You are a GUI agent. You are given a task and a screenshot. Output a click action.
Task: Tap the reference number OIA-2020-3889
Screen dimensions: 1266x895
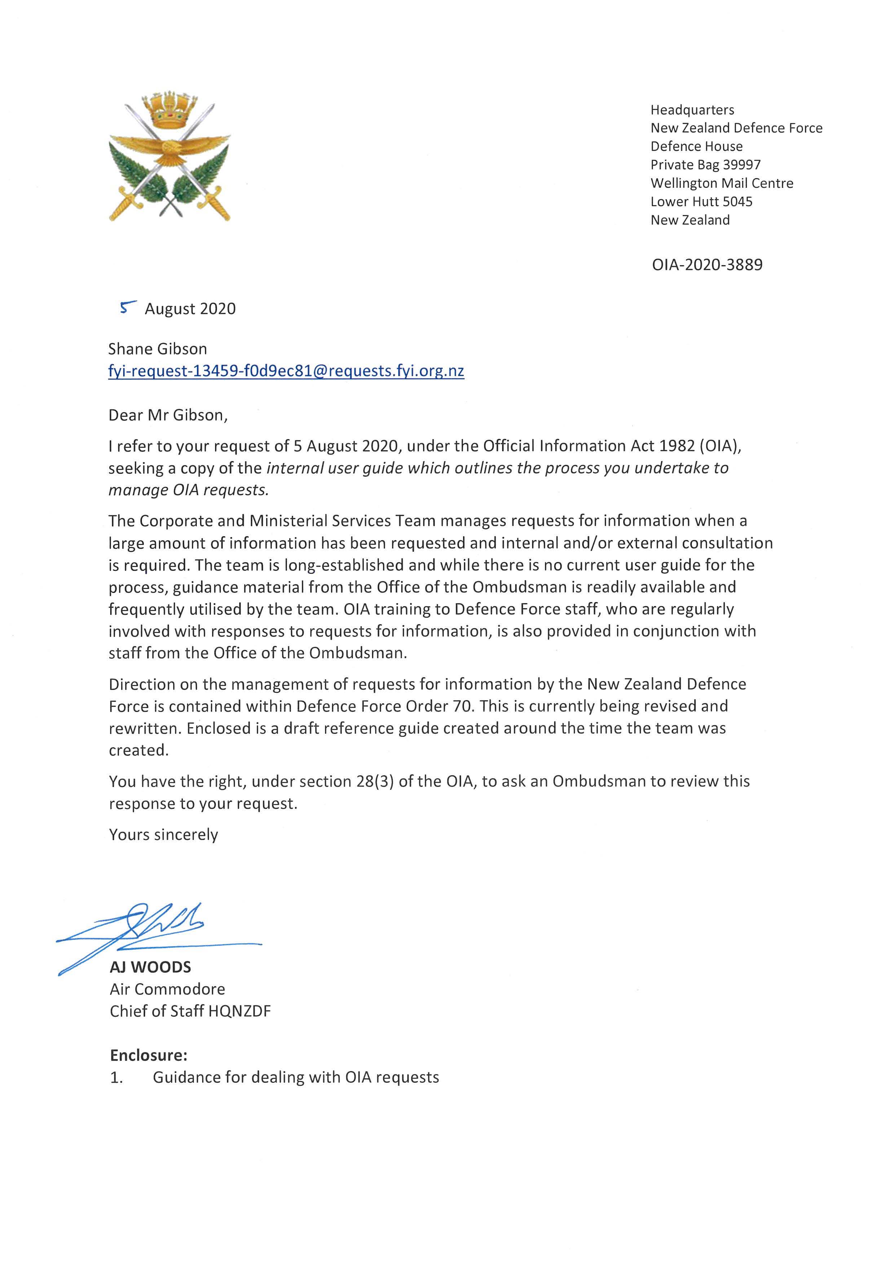[x=707, y=265]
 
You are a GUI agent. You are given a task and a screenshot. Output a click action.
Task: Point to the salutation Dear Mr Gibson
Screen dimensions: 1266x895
[x=168, y=415]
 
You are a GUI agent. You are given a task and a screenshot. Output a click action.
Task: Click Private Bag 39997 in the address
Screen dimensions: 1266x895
[x=705, y=164]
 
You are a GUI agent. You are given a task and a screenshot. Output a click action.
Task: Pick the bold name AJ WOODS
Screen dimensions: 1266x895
[x=150, y=967]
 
